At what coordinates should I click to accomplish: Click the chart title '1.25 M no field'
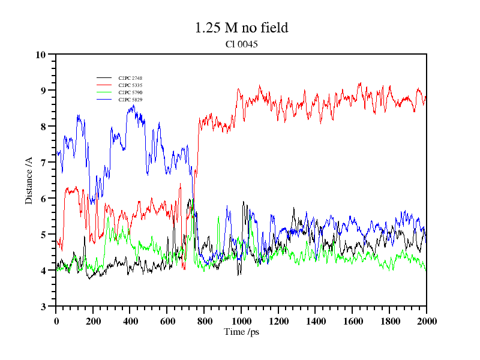241,28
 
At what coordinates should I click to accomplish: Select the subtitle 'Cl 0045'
241,44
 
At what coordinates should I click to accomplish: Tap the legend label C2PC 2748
130,78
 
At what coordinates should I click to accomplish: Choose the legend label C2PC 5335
130,85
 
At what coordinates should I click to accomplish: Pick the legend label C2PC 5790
130,92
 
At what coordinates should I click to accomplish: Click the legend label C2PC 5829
130,99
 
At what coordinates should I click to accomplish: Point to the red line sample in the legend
104,85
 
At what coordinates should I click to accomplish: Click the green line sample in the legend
104,92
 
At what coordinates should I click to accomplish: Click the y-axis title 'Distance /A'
28,180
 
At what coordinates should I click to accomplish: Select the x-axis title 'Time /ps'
241,332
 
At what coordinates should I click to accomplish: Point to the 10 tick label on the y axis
41,55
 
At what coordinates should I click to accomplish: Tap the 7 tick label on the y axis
43,163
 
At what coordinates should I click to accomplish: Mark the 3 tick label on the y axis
43,307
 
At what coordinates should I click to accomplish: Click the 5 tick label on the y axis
43,235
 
